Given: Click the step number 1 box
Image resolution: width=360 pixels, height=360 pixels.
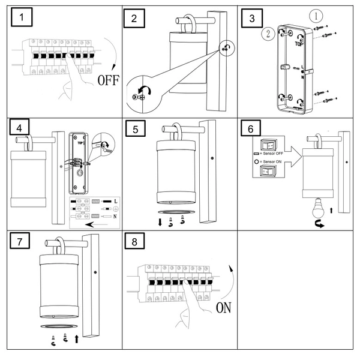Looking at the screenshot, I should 23,18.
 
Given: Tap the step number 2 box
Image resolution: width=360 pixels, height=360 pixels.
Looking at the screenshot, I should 134,18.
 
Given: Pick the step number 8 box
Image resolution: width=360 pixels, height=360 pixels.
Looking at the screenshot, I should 134,241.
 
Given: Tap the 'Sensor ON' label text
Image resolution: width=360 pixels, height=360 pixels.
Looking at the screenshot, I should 268,161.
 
